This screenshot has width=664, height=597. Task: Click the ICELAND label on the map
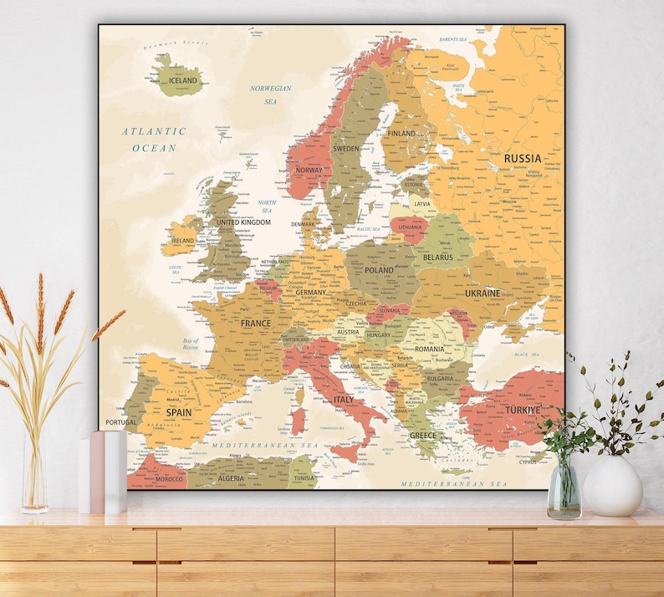[183, 81]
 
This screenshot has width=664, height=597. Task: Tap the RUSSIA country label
[522, 158]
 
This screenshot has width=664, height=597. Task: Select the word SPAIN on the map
[178, 412]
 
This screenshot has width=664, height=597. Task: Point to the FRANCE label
[256, 323]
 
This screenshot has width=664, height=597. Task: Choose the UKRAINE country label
[483, 293]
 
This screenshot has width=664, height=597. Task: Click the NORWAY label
[309, 171]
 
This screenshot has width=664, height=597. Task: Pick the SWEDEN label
[345, 149]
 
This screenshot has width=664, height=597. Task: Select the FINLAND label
[401, 133]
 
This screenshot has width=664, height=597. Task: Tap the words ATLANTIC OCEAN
[154, 140]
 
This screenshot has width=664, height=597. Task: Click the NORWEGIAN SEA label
[270, 94]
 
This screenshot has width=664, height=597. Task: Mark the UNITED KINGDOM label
[243, 222]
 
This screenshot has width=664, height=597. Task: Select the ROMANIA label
[429, 349]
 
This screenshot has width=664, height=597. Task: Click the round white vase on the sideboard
[612, 486]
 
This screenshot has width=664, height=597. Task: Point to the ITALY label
[344, 400]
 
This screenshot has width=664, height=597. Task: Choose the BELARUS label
[437, 258]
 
